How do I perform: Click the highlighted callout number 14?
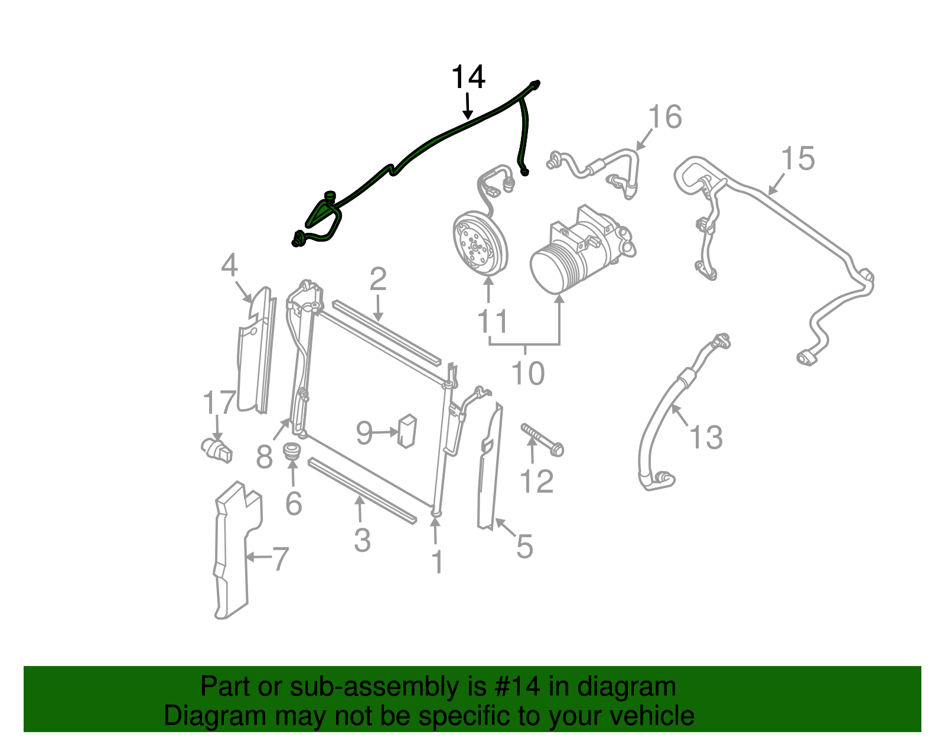tap(468, 77)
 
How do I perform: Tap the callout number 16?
tap(665, 117)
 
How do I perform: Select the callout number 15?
tap(797, 159)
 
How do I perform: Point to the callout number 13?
tap(706, 438)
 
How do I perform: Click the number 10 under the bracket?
tap(527, 373)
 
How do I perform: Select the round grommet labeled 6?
tap(292, 453)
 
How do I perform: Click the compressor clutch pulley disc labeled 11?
tap(480, 244)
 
